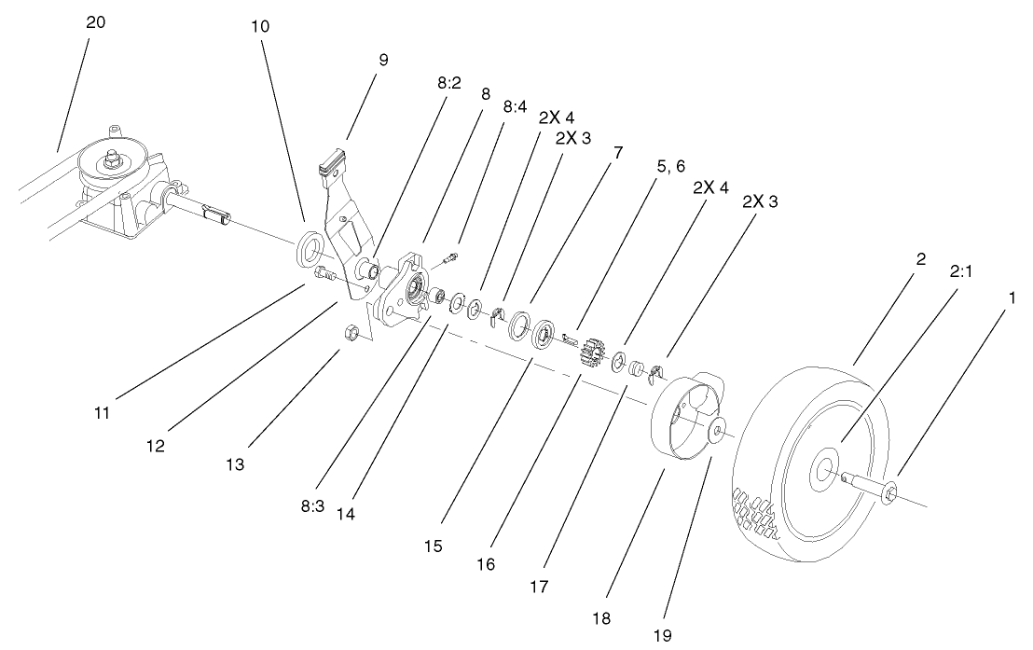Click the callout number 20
(x=95, y=23)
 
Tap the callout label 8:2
(x=448, y=83)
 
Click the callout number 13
(x=236, y=463)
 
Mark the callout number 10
(x=260, y=26)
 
